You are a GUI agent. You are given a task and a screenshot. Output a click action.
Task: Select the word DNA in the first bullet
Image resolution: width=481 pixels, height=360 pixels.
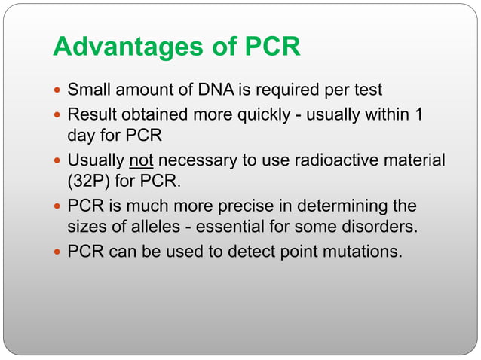pos(215,90)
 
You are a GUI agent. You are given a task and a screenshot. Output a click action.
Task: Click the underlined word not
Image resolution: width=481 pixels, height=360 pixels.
pos(141,160)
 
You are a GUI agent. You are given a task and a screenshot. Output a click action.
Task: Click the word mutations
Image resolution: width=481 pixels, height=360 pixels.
pos(363,251)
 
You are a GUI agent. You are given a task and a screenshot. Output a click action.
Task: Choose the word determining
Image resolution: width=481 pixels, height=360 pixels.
pos(341,206)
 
